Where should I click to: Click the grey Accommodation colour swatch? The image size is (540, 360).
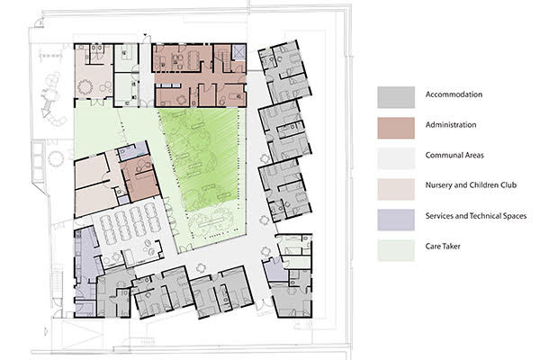point(396,97)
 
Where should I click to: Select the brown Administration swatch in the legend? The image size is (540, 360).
point(396,128)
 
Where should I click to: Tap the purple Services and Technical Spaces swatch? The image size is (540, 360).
point(396,220)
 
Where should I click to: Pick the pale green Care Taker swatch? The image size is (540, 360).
point(396,250)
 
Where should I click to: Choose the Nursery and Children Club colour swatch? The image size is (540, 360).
point(396,189)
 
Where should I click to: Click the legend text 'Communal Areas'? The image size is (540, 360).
point(454,155)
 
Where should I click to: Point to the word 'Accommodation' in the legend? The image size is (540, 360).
point(454,94)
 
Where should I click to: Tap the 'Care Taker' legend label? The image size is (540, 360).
point(443,246)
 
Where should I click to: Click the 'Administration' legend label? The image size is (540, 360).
point(451,125)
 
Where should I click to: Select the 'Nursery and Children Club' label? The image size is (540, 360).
point(471,185)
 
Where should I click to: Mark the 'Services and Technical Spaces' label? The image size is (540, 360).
point(475,216)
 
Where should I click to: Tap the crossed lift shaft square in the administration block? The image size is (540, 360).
point(238,52)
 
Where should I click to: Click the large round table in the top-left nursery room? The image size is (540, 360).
point(85,86)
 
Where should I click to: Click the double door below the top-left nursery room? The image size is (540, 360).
point(97,102)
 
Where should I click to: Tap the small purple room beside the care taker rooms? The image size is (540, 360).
point(274,269)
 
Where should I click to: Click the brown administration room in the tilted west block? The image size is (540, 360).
point(140,179)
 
